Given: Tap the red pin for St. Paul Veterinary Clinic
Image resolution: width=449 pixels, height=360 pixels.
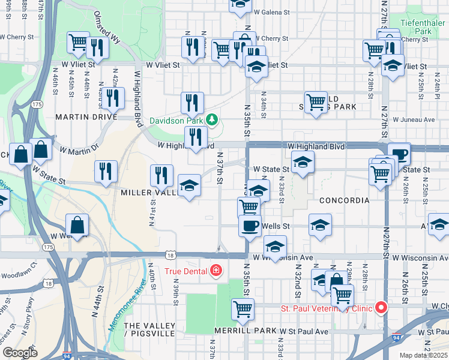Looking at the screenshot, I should (x=381, y=308).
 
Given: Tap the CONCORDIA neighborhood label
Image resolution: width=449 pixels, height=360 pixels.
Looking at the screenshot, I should (x=344, y=200).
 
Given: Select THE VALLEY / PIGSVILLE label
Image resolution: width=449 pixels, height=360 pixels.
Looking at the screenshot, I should (x=149, y=329).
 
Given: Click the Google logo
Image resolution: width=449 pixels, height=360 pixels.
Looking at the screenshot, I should (x=20, y=352).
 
